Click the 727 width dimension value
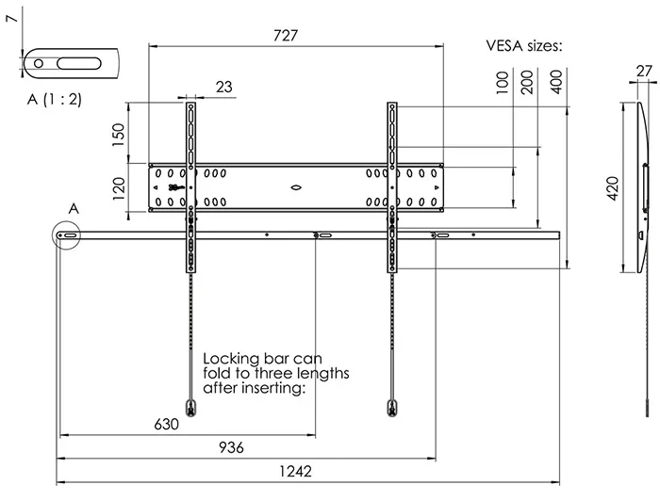(286, 35)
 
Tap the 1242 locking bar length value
(295, 471)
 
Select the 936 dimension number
(231, 447)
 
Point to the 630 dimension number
(166, 424)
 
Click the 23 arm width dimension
(224, 87)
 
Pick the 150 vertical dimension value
(118, 135)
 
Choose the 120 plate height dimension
(118, 188)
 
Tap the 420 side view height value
(613, 188)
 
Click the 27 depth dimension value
(644, 71)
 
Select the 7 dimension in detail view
(13, 18)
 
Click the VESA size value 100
(503, 82)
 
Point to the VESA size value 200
(526, 82)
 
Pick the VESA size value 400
(556, 82)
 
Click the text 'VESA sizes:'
(523, 45)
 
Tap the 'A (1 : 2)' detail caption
(55, 99)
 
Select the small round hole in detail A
(39, 63)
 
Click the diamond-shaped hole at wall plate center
(296, 187)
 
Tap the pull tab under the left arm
(190, 408)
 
